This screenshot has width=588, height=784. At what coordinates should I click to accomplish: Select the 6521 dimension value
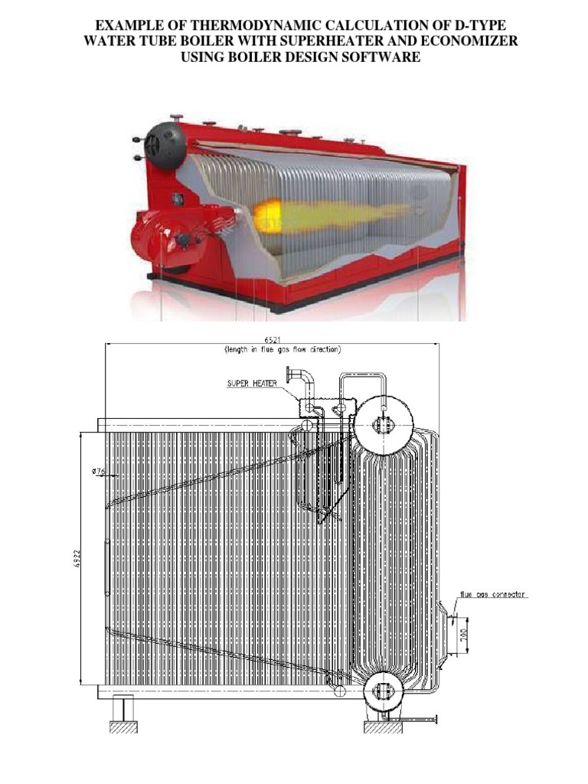coord(272,339)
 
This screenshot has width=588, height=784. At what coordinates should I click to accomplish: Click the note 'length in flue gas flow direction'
coord(283,350)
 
